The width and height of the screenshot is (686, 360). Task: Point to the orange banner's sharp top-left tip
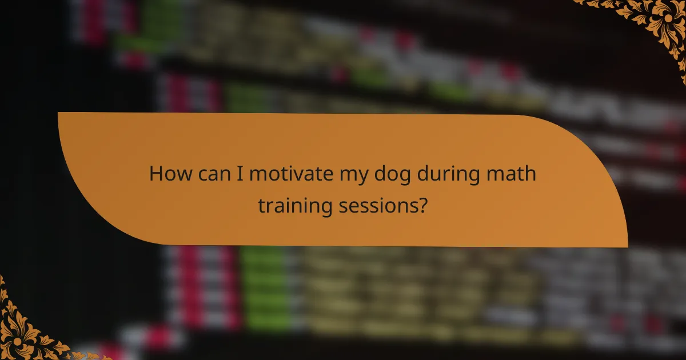pyautogui.click(x=59, y=113)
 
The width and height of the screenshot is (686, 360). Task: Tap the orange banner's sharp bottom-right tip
pyautogui.click(x=627, y=246)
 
